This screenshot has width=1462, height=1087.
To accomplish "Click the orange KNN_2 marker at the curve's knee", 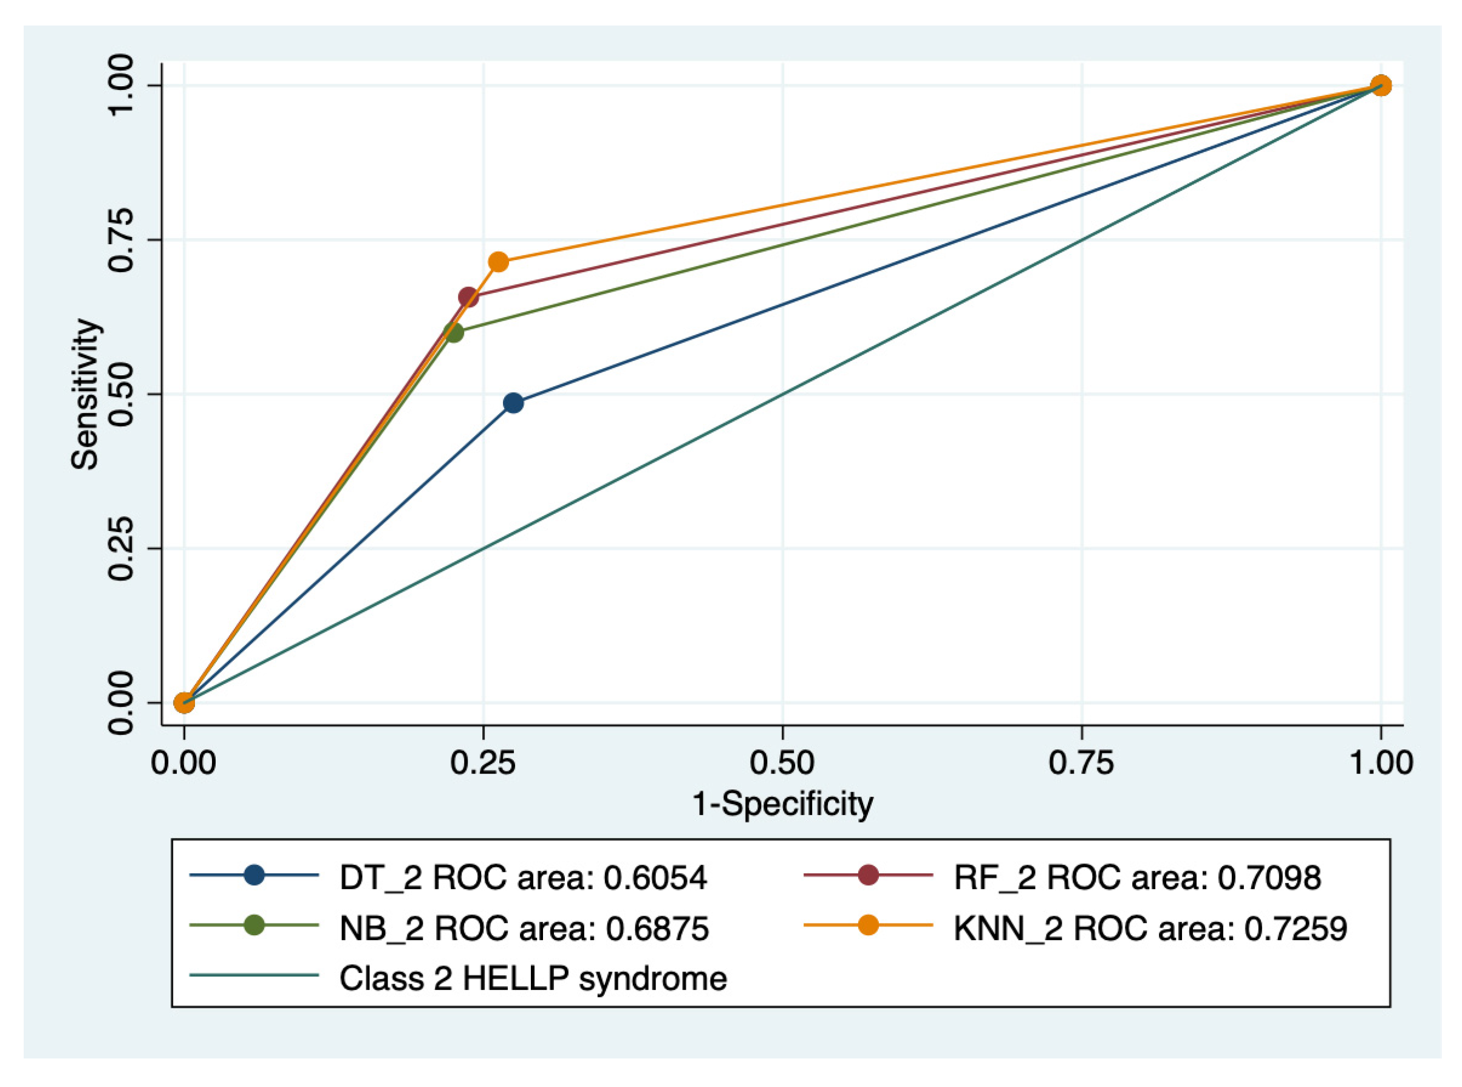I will (498, 262).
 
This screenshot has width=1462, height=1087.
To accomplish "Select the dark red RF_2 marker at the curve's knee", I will (468, 298).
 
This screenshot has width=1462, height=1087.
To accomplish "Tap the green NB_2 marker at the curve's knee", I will (454, 332).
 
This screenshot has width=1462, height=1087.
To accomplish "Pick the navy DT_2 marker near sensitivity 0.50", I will (513, 403).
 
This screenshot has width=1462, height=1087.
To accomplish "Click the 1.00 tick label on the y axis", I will (121, 86).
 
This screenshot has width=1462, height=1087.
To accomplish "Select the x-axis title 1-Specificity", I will (782, 804).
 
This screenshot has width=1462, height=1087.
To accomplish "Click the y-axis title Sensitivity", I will (86, 394).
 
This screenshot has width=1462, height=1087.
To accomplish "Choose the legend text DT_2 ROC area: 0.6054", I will (523, 877).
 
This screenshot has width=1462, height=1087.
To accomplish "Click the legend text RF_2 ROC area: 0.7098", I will (1138, 877).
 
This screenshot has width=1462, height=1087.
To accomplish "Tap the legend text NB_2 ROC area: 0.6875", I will (524, 929).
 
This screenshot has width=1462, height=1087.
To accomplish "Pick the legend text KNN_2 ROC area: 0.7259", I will (1151, 929).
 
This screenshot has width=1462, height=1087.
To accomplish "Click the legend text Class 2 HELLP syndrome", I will (533, 978).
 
